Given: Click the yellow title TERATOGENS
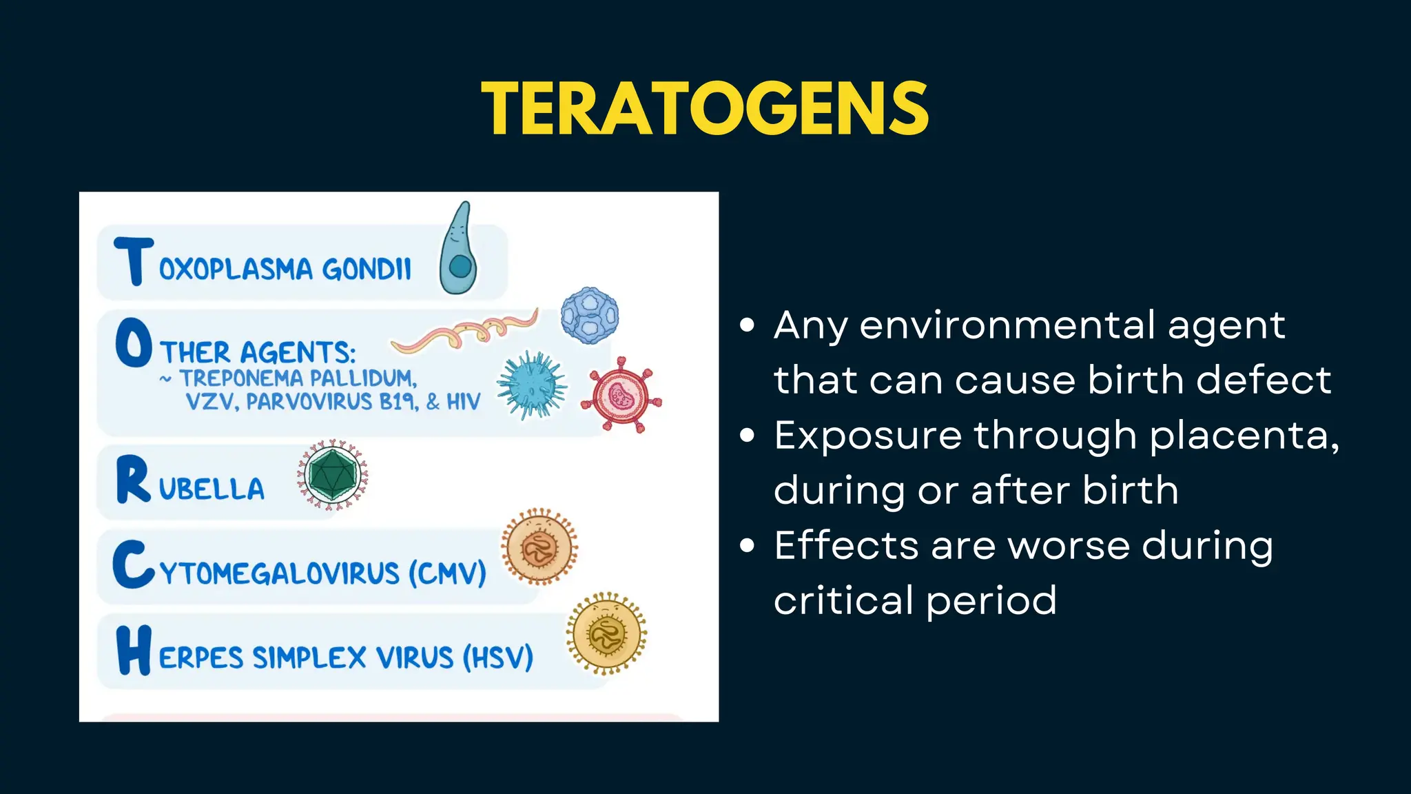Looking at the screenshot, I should [x=705, y=109].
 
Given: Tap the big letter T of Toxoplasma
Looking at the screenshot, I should [x=132, y=261].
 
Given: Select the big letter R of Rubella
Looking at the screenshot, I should [x=133, y=480].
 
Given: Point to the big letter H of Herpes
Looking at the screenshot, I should [x=133, y=650].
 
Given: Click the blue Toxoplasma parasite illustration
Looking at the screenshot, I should [x=458, y=252].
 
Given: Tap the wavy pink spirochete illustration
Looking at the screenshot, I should [x=465, y=331].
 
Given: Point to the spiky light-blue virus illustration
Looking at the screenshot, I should [x=532, y=385].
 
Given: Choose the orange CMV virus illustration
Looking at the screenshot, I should [x=539, y=547].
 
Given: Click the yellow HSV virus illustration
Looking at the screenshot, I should [x=606, y=633].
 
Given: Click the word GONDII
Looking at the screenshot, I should [x=367, y=269].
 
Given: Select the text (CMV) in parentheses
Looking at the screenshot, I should [x=448, y=573].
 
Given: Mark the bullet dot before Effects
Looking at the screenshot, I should [x=748, y=546].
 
